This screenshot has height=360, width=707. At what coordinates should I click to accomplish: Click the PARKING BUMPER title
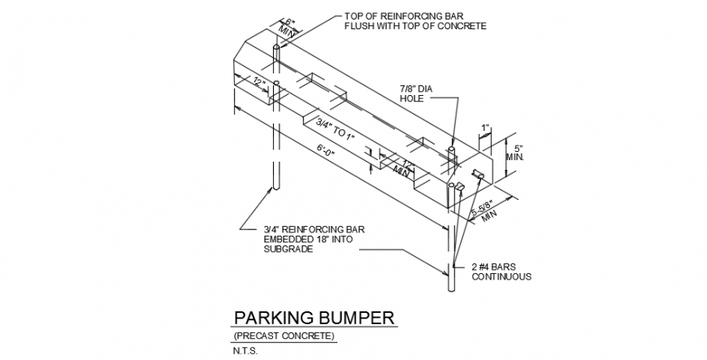pyautogui.click(x=314, y=318)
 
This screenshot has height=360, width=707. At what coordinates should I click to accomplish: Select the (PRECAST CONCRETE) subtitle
pyautogui.click(x=284, y=336)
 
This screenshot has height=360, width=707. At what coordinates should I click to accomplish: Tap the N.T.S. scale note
pyautogui.click(x=245, y=351)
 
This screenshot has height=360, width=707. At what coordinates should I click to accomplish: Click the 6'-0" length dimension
pyautogui.click(x=327, y=150)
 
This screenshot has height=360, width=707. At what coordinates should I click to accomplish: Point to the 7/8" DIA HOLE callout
pyautogui.click(x=416, y=93)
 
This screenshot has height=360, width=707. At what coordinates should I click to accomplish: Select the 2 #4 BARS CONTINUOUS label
pyautogui.click(x=501, y=272)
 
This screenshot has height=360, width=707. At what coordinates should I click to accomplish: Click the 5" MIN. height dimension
pyautogui.click(x=514, y=153)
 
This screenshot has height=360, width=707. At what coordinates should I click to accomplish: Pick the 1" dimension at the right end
pyautogui.click(x=485, y=128)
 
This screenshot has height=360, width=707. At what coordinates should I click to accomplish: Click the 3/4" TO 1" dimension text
pyautogui.click(x=335, y=129)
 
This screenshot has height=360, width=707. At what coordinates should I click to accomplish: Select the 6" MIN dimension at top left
pyautogui.click(x=288, y=28)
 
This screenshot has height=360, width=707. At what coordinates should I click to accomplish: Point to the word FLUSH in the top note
pyautogui.click(x=359, y=26)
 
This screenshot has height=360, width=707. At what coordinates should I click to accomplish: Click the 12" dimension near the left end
pyautogui.click(x=259, y=83)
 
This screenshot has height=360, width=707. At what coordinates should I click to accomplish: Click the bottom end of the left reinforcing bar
pyautogui.click(x=277, y=189)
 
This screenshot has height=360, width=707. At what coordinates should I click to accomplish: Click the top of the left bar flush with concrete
pyautogui.click(x=277, y=46)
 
